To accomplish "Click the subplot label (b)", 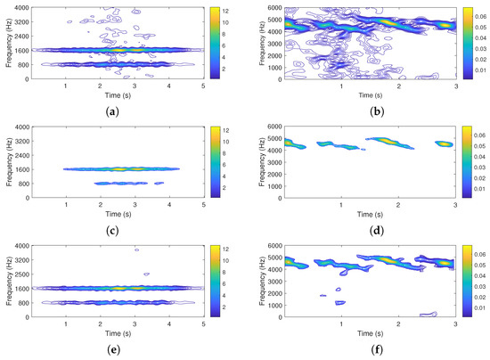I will click(x=370, y=109).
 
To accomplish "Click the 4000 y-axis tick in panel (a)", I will click(x=21, y=9).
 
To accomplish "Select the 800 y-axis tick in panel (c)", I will click(x=23, y=184).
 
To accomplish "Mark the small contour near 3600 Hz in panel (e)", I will click(x=136, y=250).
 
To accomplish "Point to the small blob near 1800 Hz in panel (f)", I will click(x=323, y=295).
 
